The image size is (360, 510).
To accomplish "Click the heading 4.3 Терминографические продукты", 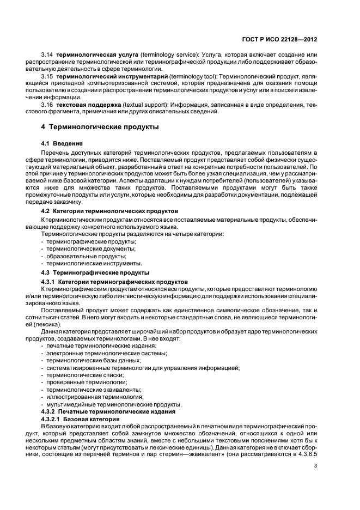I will (x=95, y=271).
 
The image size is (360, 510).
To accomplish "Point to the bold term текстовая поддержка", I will (x=89, y=105).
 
